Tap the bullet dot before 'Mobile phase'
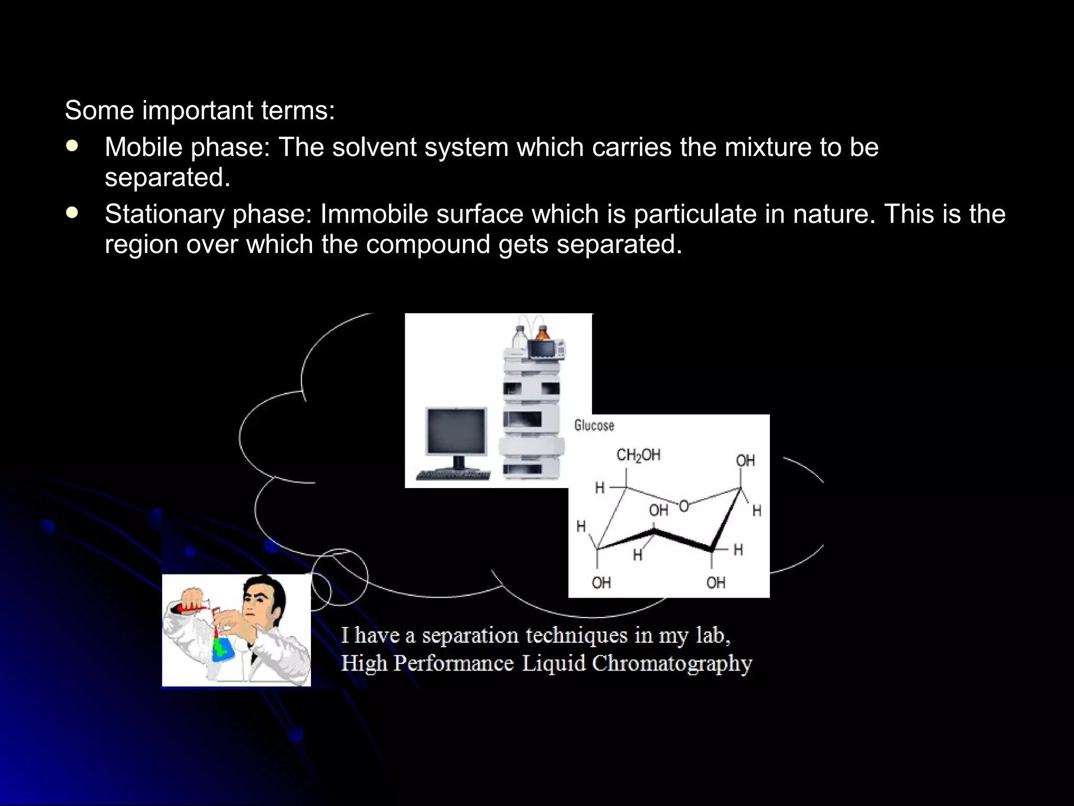pyautogui.click(x=72, y=146)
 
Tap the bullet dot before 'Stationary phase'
pyautogui.click(x=72, y=213)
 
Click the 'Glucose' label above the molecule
pyautogui.click(x=594, y=425)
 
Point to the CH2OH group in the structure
pyautogui.click(x=638, y=455)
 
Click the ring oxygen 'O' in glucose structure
pyautogui.click(x=684, y=506)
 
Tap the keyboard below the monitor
pyautogui.click(x=453, y=475)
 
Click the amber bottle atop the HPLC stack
pyautogui.click(x=542, y=333)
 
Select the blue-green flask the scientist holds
pyautogui.click(x=223, y=649)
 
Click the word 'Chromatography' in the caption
pyautogui.click(x=672, y=664)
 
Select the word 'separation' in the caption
pyautogui.click(x=470, y=636)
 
